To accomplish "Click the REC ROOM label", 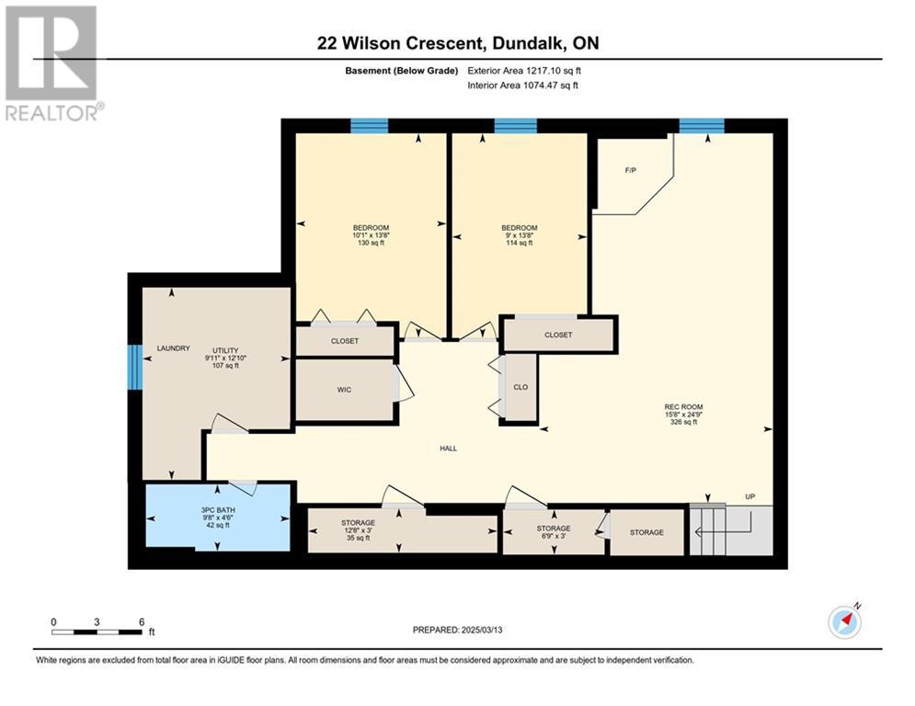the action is click(683, 406).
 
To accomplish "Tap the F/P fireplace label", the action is click(630, 170).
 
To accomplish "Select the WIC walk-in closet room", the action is click(344, 389).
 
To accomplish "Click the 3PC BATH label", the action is click(218, 510).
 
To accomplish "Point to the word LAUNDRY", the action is click(173, 348).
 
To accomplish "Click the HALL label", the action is click(448, 449).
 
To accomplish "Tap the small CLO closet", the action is click(520, 387).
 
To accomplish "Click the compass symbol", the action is click(845, 622).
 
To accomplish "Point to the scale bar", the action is click(97, 632).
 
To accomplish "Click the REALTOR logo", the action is click(51, 63).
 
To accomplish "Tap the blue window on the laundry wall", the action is click(135, 367).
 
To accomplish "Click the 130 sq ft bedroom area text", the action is click(371, 243).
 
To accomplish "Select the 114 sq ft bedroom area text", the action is click(519, 243).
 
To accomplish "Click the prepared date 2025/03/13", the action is click(482, 630).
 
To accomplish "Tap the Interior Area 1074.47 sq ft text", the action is click(523, 85).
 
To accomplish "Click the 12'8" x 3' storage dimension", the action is click(359, 530).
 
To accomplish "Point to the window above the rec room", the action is click(702, 126).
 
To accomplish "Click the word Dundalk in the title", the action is click(528, 43).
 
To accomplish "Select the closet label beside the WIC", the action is click(344, 341).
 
